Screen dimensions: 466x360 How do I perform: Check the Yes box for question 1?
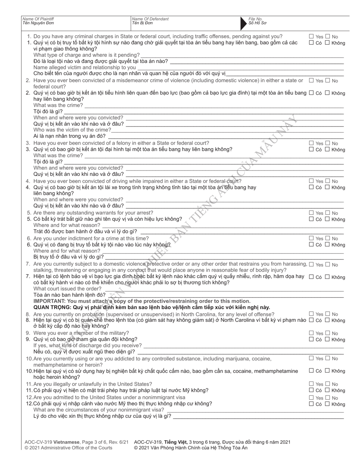coord(311,37)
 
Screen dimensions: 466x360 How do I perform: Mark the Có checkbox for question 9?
coord(311,339)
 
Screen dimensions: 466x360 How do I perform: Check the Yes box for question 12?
coord(311,398)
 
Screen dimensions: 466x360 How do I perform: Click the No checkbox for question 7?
coord(328,264)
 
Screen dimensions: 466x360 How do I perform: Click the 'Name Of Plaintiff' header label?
coord(38,19)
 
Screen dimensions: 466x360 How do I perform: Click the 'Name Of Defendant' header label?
coord(150,19)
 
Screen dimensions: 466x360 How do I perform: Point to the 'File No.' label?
coord(255,19)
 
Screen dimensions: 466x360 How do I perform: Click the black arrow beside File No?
coord(244,23)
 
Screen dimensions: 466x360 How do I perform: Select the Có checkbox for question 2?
coord(311,93)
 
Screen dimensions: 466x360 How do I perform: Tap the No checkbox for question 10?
coord(328,358)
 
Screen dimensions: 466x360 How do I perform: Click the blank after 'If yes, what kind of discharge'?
coord(243,346)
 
